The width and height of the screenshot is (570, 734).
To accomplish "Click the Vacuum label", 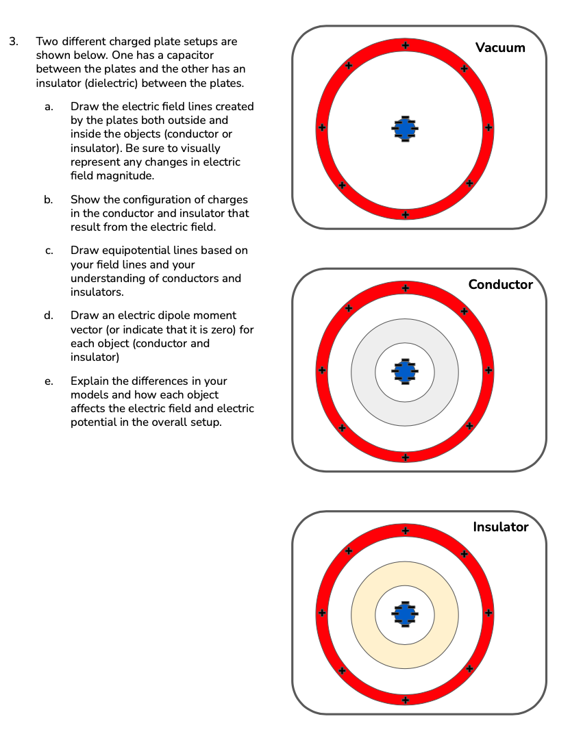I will tap(500, 47).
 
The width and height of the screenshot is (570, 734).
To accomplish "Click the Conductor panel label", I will tap(500, 285).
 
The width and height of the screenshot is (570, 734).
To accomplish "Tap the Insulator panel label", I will tap(500, 527).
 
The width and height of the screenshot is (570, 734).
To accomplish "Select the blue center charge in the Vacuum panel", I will tap(406, 129).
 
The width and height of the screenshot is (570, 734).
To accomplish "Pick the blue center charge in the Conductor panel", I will tap(406, 371).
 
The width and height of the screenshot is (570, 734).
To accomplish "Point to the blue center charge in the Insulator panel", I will tap(406, 614).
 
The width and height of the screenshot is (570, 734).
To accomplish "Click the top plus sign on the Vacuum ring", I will tap(406, 45).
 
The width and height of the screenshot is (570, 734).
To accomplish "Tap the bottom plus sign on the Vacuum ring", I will tap(406, 214).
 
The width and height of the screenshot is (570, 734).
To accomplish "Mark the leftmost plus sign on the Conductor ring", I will tap(321, 370).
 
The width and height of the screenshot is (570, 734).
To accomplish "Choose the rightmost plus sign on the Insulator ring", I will tap(488, 613).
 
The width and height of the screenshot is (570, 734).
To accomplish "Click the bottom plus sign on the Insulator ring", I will tap(406, 700).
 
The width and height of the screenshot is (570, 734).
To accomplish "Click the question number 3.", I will tap(13, 41).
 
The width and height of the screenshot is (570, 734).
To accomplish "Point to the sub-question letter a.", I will tap(48, 107).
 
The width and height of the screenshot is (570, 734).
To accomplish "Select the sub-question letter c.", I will tap(48, 251).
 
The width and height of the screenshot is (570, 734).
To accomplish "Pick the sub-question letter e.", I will tap(48, 381).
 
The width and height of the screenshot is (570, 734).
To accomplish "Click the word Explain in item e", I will tap(90, 381).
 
